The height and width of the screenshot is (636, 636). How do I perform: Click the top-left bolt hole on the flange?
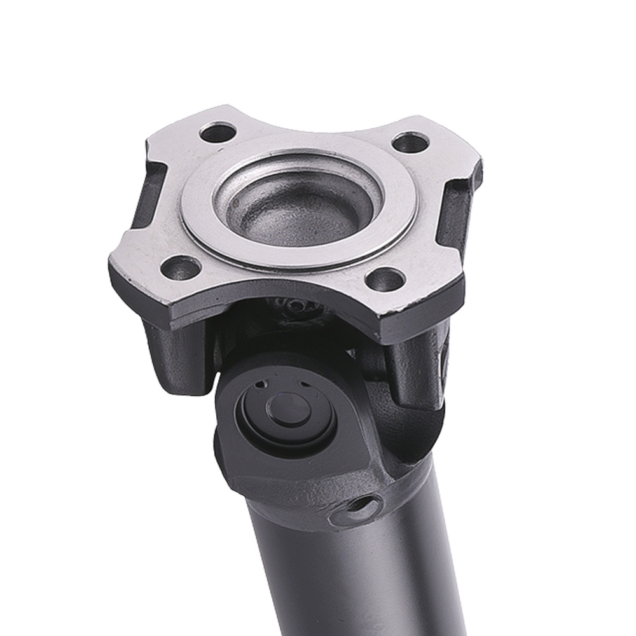pos(218,133)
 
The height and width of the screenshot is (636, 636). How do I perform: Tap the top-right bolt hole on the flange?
pos(410,142)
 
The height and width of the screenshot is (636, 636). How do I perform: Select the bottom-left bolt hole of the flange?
pos(181,268)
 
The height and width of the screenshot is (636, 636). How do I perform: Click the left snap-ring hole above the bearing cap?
pos(261,384)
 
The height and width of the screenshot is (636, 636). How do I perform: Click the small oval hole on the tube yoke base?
pos(361,507)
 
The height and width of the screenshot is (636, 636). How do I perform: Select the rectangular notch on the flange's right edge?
pos(461,204)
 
